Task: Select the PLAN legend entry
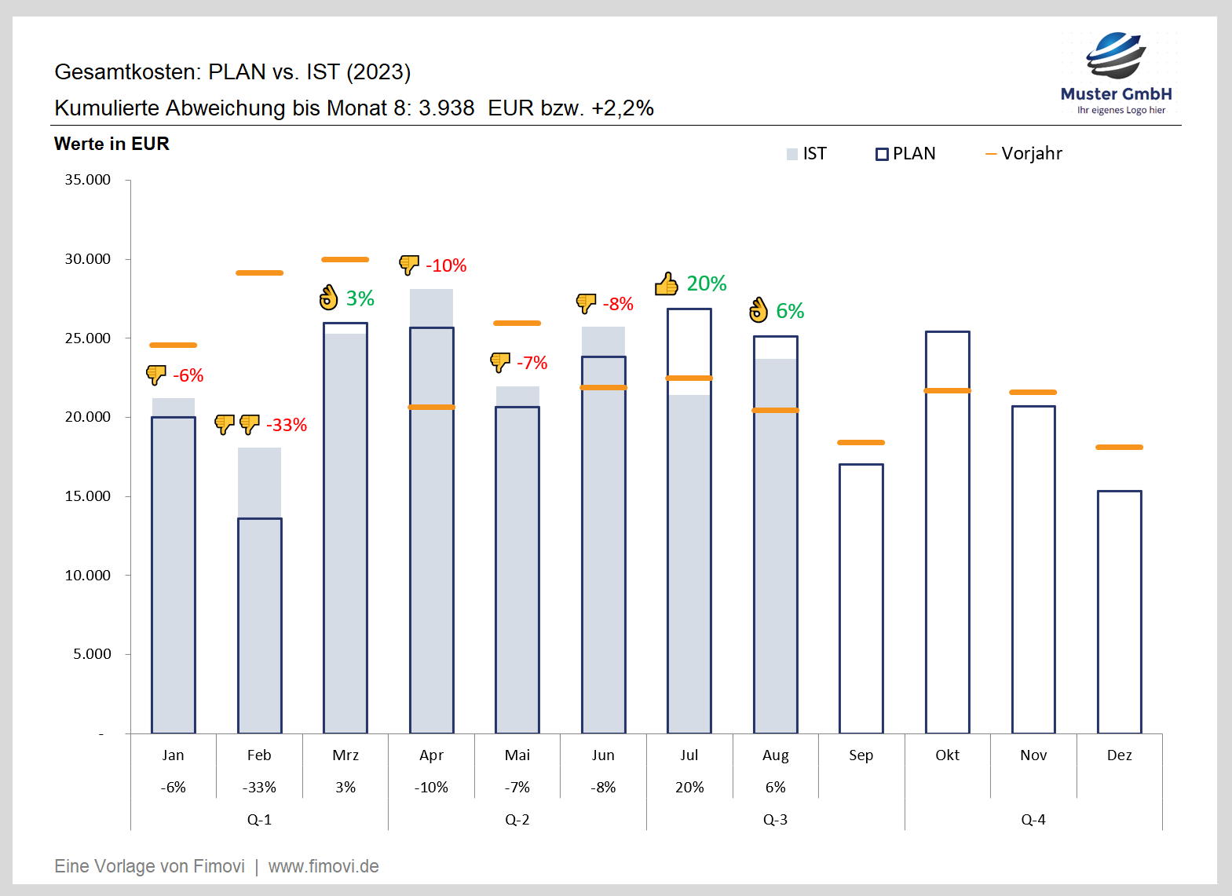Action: tap(905, 154)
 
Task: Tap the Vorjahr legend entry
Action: tap(1024, 154)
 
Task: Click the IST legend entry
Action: tap(806, 154)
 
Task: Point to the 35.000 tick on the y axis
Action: tap(87, 180)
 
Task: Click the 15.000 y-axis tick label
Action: tap(87, 496)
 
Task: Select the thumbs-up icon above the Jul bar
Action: tap(667, 283)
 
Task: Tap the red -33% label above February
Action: tap(287, 425)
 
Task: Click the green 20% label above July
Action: tap(707, 283)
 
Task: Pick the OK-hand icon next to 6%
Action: tap(759, 311)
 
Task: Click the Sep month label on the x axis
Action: tap(861, 755)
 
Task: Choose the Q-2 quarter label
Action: tap(517, 820)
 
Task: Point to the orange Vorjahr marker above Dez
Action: tap(1119, 448)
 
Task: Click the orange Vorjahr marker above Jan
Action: tap(173, 346)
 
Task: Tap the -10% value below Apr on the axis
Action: tap(431, 788)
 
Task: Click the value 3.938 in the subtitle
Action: tap(446, 108)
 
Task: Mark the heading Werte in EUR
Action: tap(112, 144)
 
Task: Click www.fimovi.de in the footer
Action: tap(324, 867)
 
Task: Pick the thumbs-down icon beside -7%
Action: tap(500, 363)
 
